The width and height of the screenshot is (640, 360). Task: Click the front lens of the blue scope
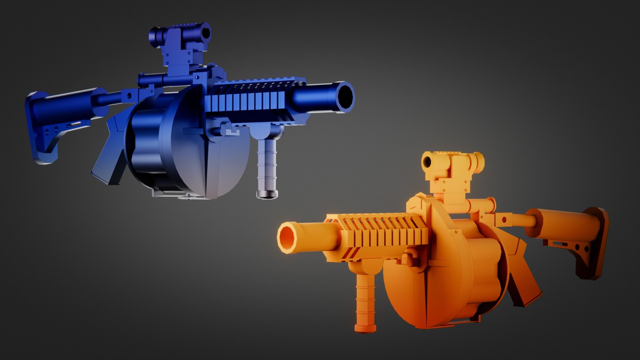tap(205, 32)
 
